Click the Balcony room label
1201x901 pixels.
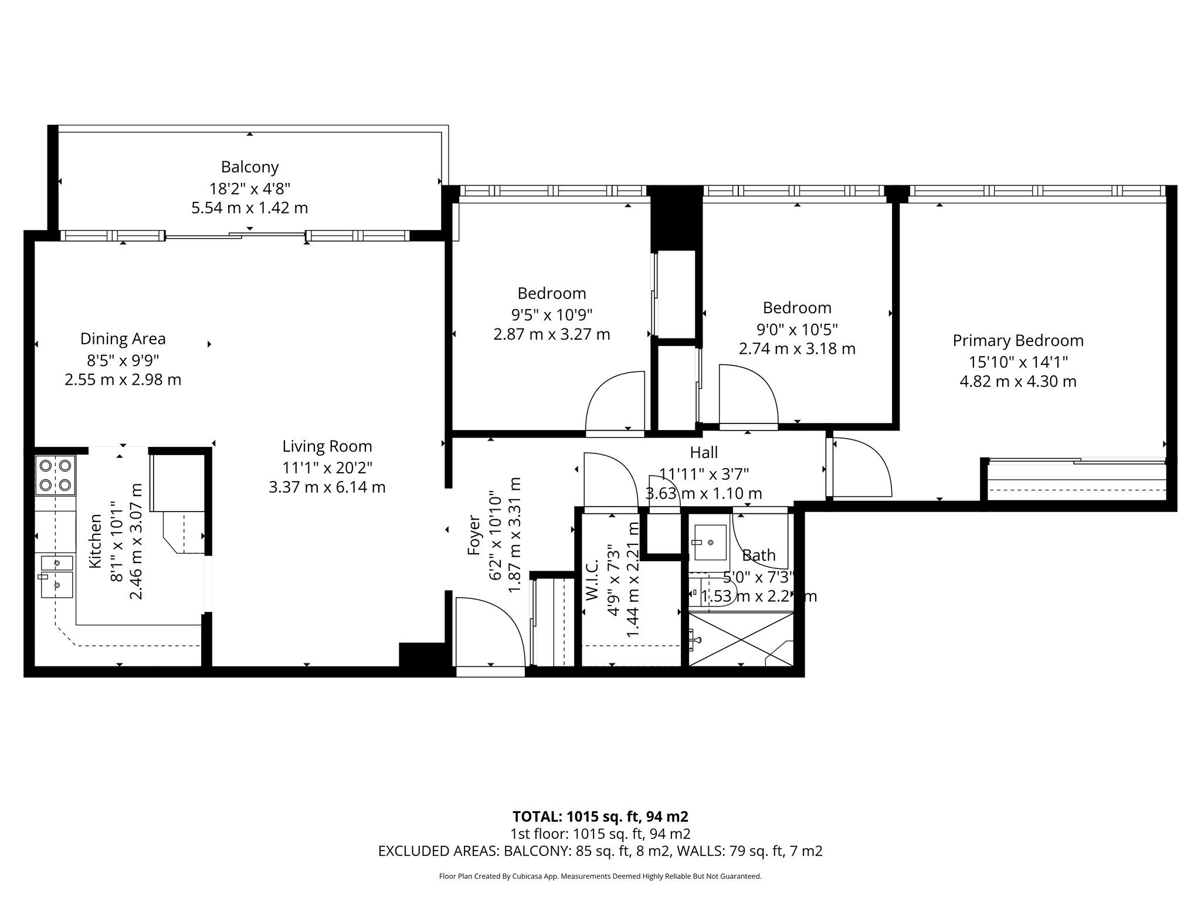(x=249, y=167)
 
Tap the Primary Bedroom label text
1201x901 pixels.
(x=1017, y=341)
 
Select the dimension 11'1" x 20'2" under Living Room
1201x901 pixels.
(x=327, y=468)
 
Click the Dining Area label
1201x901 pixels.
(x=123, y=339)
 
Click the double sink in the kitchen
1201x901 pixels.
(x=57, y=576)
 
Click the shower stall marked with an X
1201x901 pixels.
(x=740, y=639)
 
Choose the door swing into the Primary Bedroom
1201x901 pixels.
(x=859, y=467)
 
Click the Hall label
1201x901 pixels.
(x=704, y=453)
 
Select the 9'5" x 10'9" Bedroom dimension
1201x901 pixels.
(x=551, y=315)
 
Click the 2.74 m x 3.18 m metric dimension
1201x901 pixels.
(x=796, y=349)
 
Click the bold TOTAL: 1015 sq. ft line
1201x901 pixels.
(x=600, y=817)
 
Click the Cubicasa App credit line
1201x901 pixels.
(x=600, y=876)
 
